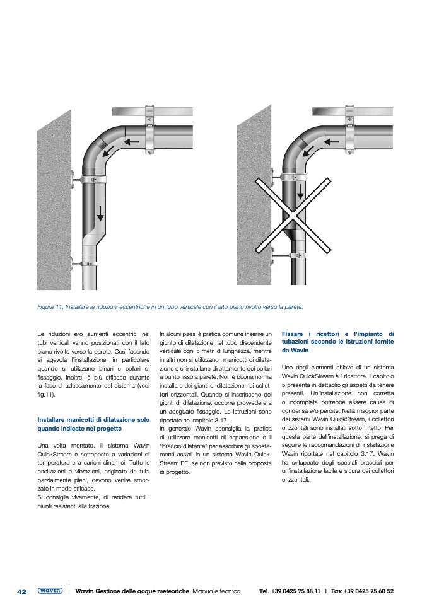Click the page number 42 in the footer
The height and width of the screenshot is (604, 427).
(x=21, y=591)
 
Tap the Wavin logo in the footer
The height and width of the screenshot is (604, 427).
(x=50, y=591)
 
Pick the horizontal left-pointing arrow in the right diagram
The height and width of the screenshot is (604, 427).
(x=331, y=142)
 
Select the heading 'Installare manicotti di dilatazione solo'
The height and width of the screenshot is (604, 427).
(x=93, y=419)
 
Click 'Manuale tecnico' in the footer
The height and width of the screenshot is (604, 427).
(x=216, y=591)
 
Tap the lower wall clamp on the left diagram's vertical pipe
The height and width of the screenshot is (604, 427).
(x=89, y=262)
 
